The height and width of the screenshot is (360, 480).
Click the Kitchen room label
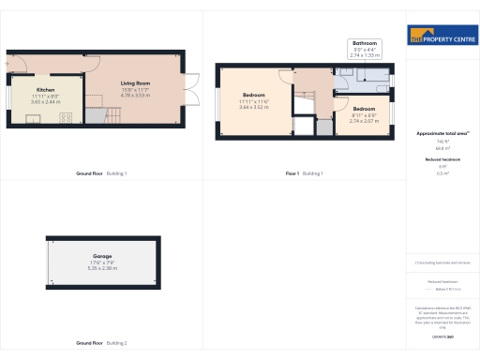point(45,90)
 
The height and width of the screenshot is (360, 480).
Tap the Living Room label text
point(136,83)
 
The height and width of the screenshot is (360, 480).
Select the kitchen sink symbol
point(31,117)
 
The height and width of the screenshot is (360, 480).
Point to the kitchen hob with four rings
point(67,117)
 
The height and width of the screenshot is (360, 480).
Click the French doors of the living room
point(191,87)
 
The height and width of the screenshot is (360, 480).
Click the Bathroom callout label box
point(364,50)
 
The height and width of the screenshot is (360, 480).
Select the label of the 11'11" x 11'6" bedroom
point(254,96)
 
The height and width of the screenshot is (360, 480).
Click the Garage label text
point(102,255)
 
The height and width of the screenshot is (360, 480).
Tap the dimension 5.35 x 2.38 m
point(102,268)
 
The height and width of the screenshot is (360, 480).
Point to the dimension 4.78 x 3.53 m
point(136,95)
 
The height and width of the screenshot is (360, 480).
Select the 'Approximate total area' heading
point(441,134)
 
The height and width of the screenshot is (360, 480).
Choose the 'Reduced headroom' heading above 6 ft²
point(441,160)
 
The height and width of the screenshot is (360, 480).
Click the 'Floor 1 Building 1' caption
point(304,174)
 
